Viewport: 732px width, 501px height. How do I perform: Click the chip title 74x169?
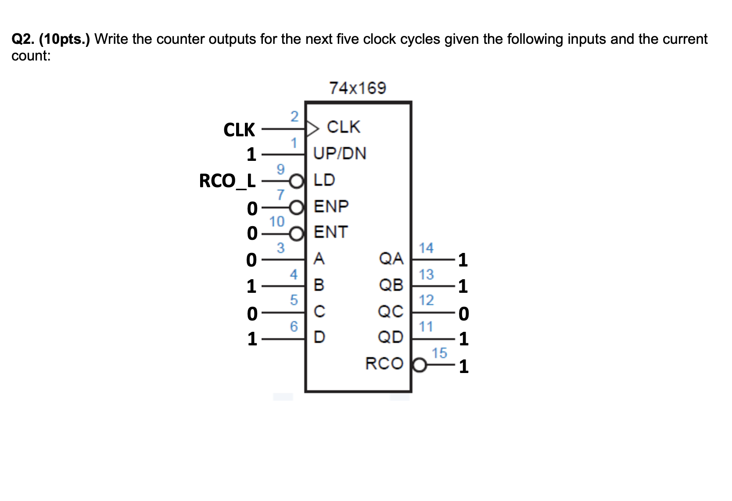click(358, 88)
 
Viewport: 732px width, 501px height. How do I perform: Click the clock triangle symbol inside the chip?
click(312, 129)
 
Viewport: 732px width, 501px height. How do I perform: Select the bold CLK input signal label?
click(239, 130)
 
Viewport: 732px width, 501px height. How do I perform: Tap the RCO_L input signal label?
click(227, 181)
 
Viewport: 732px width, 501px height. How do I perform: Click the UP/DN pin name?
click(340, 153)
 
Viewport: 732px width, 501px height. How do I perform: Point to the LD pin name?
click(324, 180)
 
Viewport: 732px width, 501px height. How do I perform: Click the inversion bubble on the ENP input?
click(297, 207)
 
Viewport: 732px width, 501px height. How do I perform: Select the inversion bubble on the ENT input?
click(297, 233)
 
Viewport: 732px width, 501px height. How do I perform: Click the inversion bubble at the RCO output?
click(420, 365)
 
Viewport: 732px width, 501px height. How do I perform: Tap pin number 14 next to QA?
click(426, 248)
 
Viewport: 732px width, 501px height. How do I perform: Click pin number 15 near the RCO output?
click(439, 353)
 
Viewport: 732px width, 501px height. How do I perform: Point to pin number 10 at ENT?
click(277, 222)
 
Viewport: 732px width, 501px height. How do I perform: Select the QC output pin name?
click(391, 312)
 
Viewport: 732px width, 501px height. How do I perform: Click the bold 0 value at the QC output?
click(463, 313)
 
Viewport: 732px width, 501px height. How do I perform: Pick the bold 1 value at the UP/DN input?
click(251, 154)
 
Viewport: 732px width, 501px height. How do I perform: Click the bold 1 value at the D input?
click(251, 339)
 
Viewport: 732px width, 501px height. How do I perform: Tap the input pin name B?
click(319, 285)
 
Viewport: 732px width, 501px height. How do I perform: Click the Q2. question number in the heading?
click(23, 39)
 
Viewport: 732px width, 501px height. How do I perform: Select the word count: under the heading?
click(31, 56)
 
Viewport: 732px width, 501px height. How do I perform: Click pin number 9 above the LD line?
click(280, 169)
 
